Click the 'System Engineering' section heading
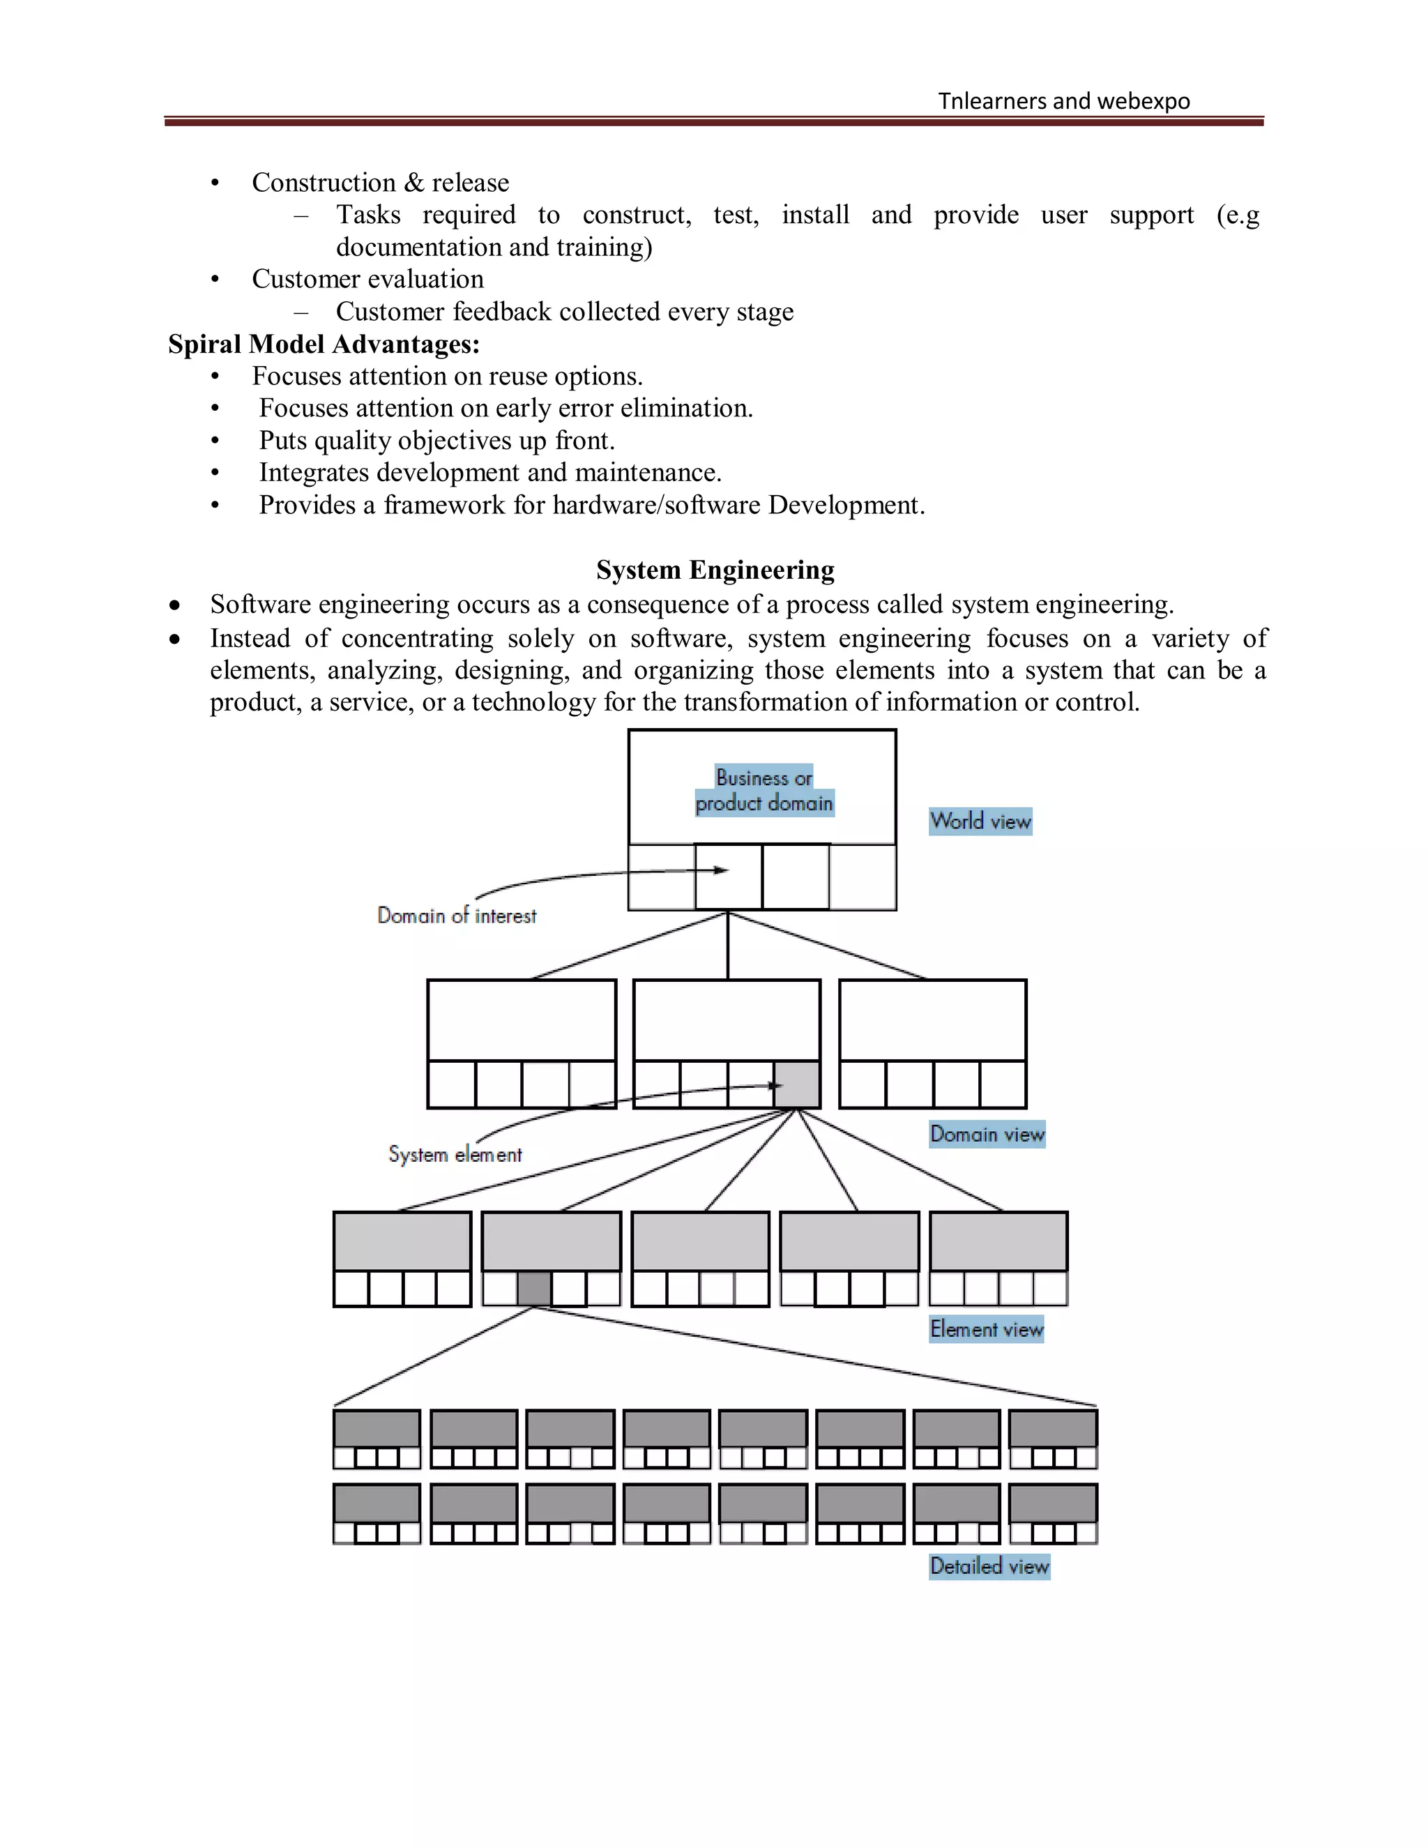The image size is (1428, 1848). tap(715, 570)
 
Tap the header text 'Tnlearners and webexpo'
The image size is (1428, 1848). tap(1063, 102)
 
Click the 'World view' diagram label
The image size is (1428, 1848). tap(980, 821)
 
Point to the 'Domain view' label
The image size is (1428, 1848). tap(987, 1134)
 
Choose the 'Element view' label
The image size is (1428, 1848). tap(987, 1329)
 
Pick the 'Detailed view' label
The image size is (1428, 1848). tap(989, 1566)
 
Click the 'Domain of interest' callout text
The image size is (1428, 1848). tap(457, 916)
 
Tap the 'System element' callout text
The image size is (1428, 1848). tap(455, 1154)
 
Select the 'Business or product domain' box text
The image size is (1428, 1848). tap(764, 789)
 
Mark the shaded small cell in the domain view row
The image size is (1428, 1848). tap(797, 1084)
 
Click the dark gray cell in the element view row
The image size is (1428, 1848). tap(534, 1289)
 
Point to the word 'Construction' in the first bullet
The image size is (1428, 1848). tap(323, 183)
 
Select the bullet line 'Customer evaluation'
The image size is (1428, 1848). tap(367, 279)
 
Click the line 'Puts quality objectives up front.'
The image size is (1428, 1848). tap(436, 441)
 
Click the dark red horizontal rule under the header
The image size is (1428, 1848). tap(713, 122)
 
